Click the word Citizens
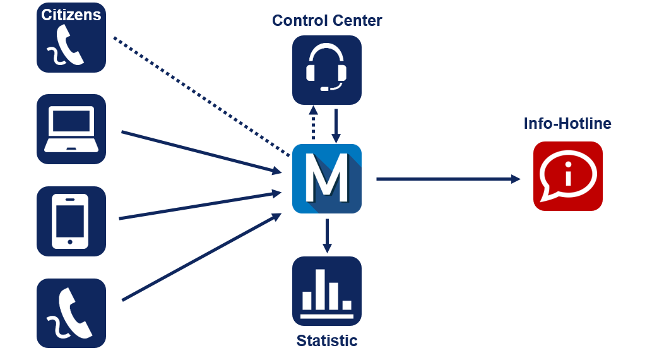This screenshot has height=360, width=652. (71, 15)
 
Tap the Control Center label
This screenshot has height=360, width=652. (327, 20)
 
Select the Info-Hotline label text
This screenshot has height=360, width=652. (567, 123)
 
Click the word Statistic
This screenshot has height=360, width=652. (327, 341)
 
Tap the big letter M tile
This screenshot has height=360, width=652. (327, 179)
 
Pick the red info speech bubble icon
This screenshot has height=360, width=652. (568, 176)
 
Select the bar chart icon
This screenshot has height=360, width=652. (327, 291)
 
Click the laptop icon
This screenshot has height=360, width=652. (71, 129)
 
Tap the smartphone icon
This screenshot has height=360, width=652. (71, 221)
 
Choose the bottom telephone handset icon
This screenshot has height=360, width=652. (71, 313)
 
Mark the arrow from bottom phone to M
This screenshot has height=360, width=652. (202, 256)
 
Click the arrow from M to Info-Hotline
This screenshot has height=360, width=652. (448, 179)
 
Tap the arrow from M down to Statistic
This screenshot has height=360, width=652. (327, 236)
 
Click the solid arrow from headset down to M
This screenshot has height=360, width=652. (336, 125)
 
